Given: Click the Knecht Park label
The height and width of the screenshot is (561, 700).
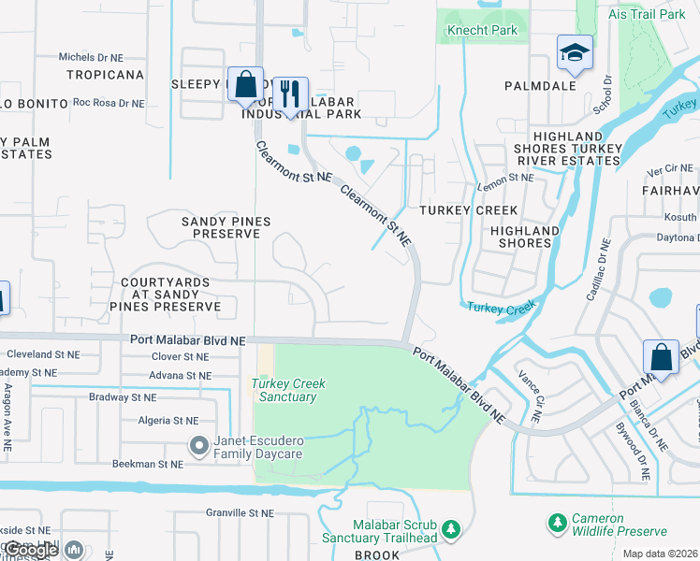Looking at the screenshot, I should (483, 31).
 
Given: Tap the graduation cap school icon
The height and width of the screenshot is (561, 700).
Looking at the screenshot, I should (575, 53).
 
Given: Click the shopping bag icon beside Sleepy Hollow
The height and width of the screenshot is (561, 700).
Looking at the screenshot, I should (245, 84).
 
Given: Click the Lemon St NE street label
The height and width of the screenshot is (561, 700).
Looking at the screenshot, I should (505, 177).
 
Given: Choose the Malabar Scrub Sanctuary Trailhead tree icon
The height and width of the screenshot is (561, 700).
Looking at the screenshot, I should (451, 530).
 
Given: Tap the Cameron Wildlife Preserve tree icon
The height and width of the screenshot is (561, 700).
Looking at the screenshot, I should (557, 521).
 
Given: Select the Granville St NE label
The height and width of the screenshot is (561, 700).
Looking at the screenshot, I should (241, 513).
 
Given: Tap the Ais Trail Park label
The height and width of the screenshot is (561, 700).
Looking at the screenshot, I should (658, 15).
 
